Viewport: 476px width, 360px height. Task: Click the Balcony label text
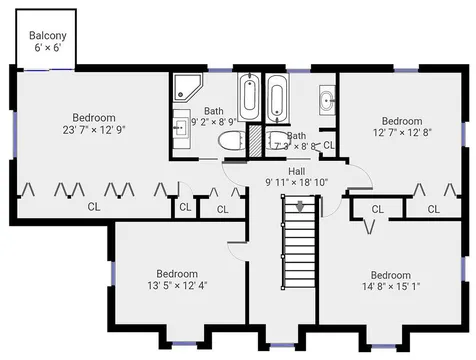[x=48, y=35]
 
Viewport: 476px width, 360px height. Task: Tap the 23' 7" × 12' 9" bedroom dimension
[x=94, y=130]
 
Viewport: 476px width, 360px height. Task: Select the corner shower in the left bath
[x=188, y=87]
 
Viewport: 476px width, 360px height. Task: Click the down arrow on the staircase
[x=300, y=206]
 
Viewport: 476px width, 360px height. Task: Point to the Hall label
[x=296, y=171]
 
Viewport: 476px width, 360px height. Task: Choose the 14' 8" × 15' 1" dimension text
[x=391, y=287]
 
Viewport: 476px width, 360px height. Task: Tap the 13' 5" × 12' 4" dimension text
[x=177, y=286]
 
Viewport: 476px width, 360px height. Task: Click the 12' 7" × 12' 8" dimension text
[x=402, y=133]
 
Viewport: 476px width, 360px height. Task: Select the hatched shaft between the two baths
[x=256, y=140]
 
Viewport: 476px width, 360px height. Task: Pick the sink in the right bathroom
[x=327, y=100]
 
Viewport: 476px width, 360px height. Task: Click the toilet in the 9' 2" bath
[x=230, y=141]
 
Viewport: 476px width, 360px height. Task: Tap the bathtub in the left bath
[x=249, y=96]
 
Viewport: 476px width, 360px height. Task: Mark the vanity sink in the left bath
[x=182, y=128]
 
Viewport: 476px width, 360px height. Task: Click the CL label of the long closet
[x=94, y=207]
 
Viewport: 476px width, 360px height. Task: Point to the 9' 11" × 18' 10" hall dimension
[x=296, y=183]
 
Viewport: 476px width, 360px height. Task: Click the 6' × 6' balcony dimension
[x=48, y=48]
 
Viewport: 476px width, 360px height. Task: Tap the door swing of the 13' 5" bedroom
[x=237, y=250]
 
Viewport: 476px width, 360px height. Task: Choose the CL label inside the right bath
[x=329, y=145]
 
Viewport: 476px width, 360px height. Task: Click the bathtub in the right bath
[x=277, y=98]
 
